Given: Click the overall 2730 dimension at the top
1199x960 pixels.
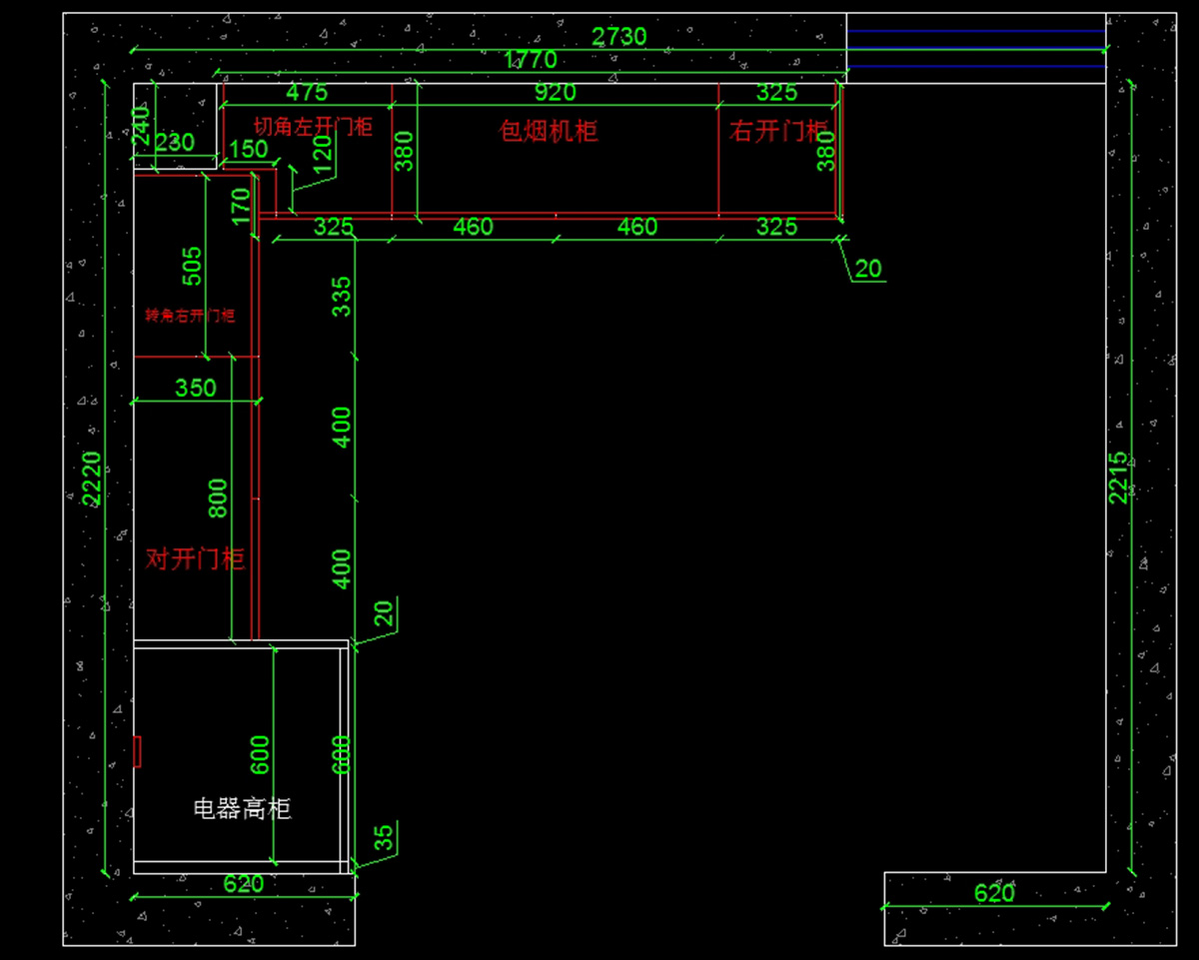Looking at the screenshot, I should pyautogui.click(x=619, y=37).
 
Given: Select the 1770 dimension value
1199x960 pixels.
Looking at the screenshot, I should pyautogui.click(x=531, y=60).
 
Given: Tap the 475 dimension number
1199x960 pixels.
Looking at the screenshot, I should pyautogui.click(x=307, y=93).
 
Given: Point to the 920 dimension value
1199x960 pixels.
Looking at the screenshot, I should pyautogui.click(x=556, y=93).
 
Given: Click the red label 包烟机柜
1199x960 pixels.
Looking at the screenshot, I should pyautogui.click(x=549, y=131).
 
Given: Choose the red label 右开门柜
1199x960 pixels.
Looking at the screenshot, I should pyautogui.click(x=779, y=131).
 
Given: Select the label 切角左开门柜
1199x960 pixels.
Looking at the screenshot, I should pyautogui.click(x=312, y=127).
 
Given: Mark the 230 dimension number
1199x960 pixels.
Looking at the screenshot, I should pyautogui.click(x=175, y=143).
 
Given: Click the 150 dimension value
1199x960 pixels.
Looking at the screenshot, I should pyautogui.click(x=249, y=150).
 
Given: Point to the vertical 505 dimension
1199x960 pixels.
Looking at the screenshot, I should pyautogui.click(x=192, y=267).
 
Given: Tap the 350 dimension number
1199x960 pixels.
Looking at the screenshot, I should pyautogui.click(x=196, y=388).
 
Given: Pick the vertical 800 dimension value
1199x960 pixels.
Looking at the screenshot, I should pyautogui.click(x=218, y=497).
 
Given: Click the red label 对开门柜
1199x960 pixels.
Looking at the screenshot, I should pyautogui.click(x=195, y=558).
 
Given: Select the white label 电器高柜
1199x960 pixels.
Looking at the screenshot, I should pyautogui.click(x=242, y=808).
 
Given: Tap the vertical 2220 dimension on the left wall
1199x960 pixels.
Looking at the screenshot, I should pyautogui.click(x=91, y=478).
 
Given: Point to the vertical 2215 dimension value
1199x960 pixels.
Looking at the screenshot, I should pyautogui.click(x=1118, y=478).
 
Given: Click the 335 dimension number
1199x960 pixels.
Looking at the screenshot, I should pyautogui.click(x=342, y=297).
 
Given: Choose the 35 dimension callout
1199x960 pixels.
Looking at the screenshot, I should pyautogui.click(x=384, y=837).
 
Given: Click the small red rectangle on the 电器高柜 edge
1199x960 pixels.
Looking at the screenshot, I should pyautogui.click(x=138, y=751).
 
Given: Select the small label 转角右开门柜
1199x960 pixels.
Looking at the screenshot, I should pyautogui.click(x=190, y=316).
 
